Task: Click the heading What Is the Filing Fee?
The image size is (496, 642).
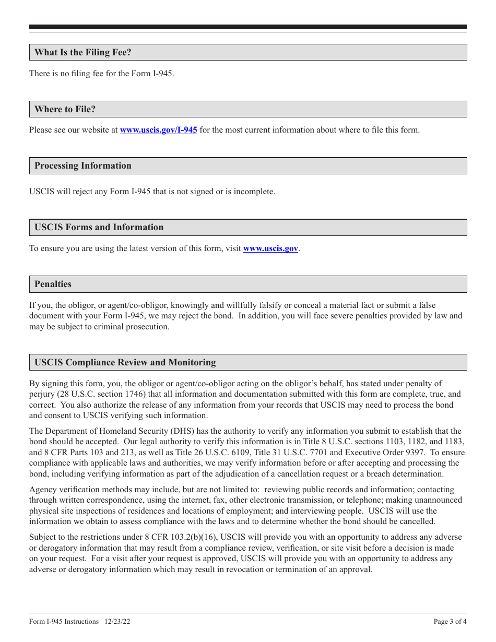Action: [83, 53]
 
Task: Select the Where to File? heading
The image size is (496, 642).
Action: [65, 110]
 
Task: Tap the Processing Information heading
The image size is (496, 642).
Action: [83, 166]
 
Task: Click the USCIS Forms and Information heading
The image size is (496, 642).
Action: [99, 228]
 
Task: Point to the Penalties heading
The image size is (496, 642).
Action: [53, 284]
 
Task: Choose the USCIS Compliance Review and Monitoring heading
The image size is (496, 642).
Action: [125, 363]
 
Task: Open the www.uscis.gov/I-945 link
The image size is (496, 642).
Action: [159, 130]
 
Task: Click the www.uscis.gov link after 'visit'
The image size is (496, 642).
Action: [270, 248]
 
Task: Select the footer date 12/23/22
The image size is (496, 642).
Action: [117, 622]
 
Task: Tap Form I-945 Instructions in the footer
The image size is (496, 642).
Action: [64, 622]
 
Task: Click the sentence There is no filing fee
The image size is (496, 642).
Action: [101, 74]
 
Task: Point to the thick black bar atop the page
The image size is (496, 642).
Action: [248, 27]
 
